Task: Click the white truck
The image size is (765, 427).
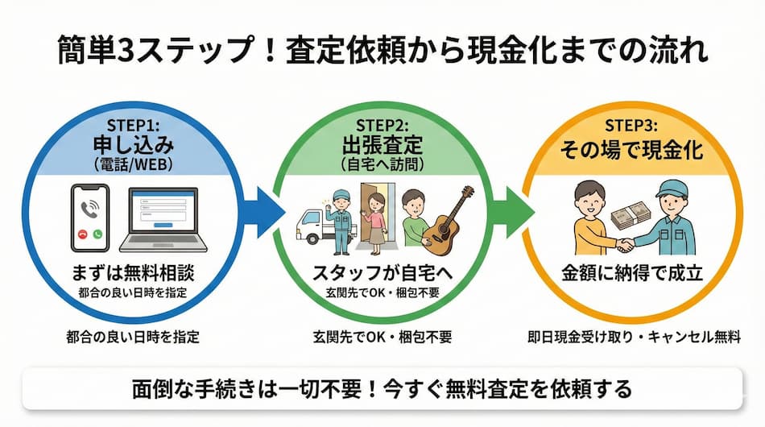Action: point(316,226)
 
